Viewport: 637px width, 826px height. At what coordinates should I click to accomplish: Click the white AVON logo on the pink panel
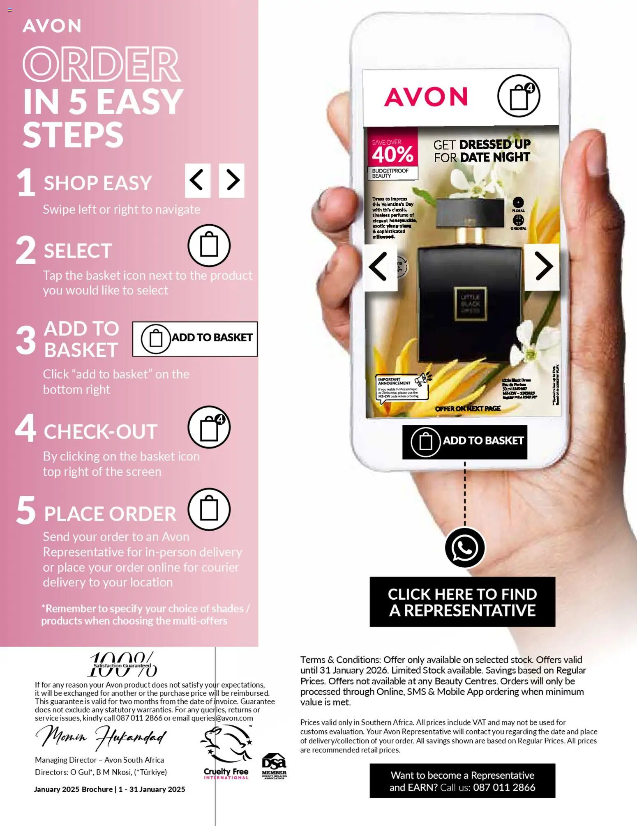tap(52, 26)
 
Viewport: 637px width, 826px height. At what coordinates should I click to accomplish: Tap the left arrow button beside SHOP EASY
tap(198, 180)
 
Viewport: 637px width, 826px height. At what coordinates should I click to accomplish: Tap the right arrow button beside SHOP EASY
tap(232, 180)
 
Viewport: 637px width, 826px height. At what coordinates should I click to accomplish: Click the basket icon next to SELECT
tap(209, 245)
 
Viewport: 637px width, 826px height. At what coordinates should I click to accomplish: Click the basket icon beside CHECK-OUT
tap(209, 427)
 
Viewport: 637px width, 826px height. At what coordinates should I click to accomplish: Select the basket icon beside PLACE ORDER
tap(209, 509)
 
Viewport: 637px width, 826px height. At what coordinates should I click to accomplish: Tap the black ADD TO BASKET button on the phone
tap(464, 442)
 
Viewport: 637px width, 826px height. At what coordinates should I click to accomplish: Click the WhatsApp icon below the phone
tap(465, 548)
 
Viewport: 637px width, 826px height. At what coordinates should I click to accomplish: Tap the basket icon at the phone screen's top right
tap(519, 96)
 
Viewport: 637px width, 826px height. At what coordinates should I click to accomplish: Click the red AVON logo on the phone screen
tap(426, 97)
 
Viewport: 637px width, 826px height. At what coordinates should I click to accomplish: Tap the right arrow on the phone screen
tap(542, 267)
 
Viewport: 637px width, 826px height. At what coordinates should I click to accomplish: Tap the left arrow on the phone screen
tap(380, 267)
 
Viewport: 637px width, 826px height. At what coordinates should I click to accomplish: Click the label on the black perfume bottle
tap(470, 304)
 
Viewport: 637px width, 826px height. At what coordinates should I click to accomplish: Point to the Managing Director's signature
tap(101, 736)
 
